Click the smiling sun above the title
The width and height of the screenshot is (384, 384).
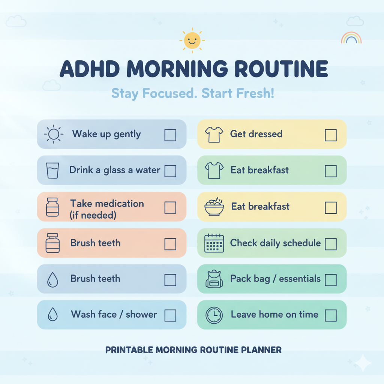pos(192,40)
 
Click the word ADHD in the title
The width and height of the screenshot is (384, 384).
pos(90,69)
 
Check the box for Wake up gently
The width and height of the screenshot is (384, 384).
pos(170,135)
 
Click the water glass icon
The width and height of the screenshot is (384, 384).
pos(52,170)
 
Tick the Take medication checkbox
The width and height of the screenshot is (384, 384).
pos(170,207)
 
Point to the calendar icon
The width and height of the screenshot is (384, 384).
pos(214,243)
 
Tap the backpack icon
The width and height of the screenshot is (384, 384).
pos(214,279)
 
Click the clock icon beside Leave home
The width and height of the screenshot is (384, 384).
pos(214,315)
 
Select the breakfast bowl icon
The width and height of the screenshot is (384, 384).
pos(214,207)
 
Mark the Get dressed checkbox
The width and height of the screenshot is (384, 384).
pos(331,135)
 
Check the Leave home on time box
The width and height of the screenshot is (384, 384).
pos(331,315)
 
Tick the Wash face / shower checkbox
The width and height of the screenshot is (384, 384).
pos(170,315)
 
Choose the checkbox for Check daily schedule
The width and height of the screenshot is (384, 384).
pos(331,244)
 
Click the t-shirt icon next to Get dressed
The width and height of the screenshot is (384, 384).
pos(214,135)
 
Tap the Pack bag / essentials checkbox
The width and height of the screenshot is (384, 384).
pos(331,280)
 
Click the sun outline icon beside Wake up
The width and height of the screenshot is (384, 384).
pos(54,134)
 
